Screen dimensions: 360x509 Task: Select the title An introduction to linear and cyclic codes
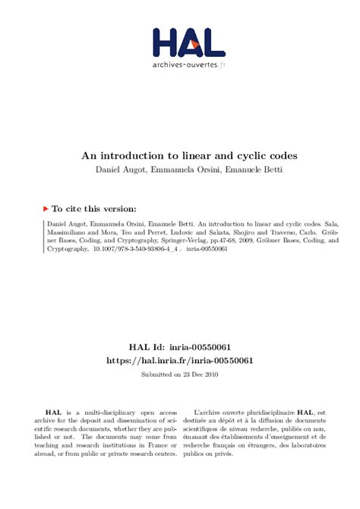coord(179,155)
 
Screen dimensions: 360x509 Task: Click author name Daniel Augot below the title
coord(116,169)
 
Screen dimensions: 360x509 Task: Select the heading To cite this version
coord(95,208)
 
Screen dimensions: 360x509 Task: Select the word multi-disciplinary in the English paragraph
coord(112,411)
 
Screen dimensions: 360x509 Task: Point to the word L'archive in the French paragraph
coord(210,411)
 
